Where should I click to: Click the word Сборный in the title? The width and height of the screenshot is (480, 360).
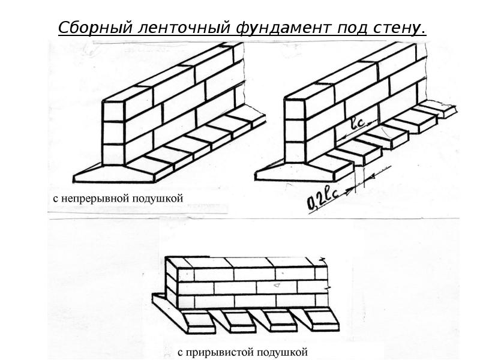95,28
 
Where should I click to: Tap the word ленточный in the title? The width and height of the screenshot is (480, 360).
184,28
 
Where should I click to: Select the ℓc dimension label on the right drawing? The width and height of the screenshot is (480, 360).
358,123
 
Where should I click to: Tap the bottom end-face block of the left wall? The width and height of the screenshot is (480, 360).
113,154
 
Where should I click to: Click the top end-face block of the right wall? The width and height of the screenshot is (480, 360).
295,109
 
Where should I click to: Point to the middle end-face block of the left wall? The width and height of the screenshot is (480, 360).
113,132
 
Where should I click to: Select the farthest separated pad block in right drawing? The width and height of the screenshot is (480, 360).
439,109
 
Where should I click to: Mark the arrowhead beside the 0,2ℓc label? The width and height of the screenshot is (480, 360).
349,193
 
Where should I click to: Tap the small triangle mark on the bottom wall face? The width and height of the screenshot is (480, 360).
277,286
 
